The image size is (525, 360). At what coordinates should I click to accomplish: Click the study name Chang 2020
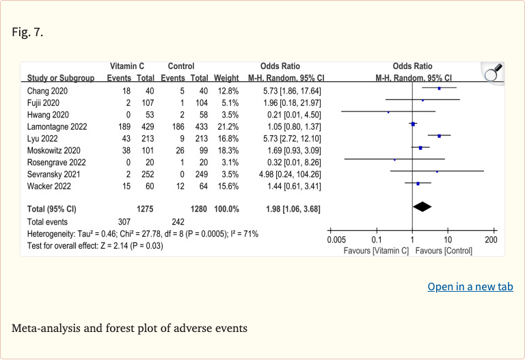point(47,91)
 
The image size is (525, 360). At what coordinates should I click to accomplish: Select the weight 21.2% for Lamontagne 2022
point(228,127)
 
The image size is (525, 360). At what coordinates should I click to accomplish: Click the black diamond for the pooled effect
point(422,207)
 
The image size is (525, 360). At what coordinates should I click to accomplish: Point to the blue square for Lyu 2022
point(440,136)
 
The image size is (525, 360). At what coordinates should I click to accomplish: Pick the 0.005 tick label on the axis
point(336,240)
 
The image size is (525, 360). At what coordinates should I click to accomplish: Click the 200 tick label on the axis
point(492,240)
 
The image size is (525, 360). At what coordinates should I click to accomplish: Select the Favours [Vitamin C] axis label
point(376,251)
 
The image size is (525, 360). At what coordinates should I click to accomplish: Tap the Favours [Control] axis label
point(444,251)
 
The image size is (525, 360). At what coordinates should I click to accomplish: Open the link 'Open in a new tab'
point(470,287)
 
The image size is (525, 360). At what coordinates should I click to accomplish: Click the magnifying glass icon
point(494,72)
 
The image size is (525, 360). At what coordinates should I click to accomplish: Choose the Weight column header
point(226,78)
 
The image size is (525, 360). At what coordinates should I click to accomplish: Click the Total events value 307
point(124,222)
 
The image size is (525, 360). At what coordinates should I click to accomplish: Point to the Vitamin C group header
point(127,66)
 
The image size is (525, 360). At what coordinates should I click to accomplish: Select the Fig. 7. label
point(27,32)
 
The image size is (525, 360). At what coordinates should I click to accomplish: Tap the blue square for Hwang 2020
point(388,112)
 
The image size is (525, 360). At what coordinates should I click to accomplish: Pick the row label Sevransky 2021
point(53,174)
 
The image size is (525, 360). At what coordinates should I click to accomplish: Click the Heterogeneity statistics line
point(143,234)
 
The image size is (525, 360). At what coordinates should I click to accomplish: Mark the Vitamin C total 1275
point(145,209)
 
